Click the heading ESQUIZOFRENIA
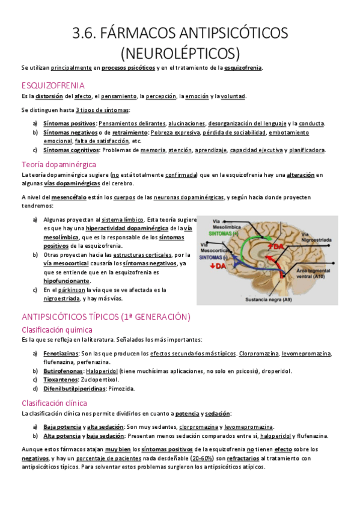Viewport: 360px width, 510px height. [x=53, y=85]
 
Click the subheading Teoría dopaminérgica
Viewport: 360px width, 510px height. [x=58, y=164]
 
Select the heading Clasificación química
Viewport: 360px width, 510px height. [x=57, y=330]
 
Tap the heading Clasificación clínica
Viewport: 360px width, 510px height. [x=54, y=403]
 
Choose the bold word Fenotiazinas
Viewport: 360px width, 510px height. [x=60, y=354]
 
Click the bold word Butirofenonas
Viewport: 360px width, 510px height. [x=62, y=371]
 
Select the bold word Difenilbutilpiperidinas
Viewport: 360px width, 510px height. [x=74, y=389]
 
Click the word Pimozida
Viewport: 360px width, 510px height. [x=121, y=389]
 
